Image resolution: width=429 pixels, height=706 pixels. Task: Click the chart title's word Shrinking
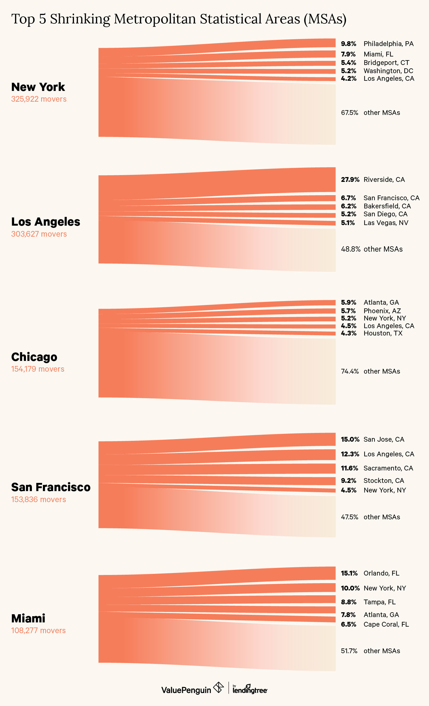[80, 19]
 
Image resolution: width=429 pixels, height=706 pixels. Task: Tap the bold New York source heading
[38, 87]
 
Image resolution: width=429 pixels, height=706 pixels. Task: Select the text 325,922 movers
[39, 99]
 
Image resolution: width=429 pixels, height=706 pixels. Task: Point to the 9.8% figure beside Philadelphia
[349, 44]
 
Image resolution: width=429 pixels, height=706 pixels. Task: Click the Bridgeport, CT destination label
[386, 63]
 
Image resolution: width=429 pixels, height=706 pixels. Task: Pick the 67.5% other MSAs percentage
[349, 113]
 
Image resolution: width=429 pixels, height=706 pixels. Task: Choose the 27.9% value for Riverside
[350, 180]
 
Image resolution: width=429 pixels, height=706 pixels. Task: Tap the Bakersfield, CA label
[387, 206]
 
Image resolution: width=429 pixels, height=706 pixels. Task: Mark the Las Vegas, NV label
[386, 223]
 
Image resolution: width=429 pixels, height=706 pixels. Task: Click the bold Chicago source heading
[34, 357]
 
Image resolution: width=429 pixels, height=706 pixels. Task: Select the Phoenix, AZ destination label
[382, 311]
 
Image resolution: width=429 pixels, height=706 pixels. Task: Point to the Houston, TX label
[383, 333]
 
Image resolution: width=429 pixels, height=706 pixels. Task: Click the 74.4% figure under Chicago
[350, 371]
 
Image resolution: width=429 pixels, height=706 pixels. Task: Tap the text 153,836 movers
[38, 499]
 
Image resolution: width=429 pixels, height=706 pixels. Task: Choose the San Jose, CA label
[384, 439]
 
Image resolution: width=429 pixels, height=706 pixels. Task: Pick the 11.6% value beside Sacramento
[349, 468]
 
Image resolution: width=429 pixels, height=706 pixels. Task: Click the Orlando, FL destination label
[381, 573]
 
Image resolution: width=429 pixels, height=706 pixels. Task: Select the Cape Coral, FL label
[386, 624]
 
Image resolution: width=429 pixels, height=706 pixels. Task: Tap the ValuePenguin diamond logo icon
[218, 687]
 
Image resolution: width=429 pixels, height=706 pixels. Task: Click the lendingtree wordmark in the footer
[250, 690]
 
